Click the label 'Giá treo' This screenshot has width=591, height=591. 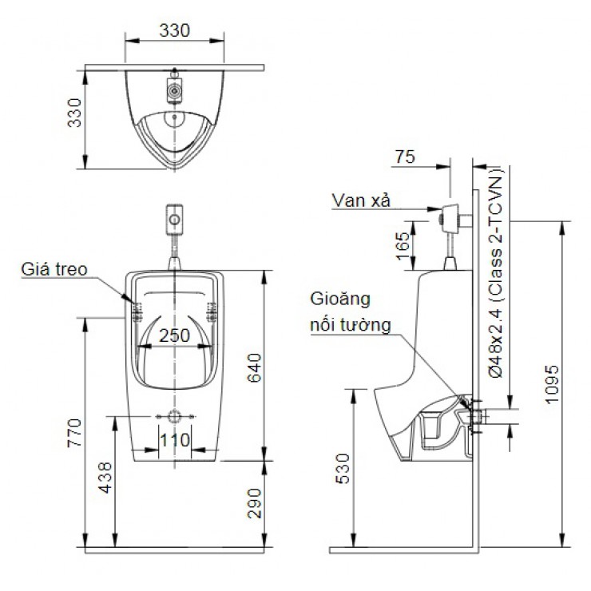point(54,269)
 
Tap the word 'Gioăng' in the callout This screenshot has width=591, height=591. point(340,301)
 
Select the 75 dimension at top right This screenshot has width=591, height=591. point(406,157)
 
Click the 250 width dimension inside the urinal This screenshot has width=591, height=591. point(174,335)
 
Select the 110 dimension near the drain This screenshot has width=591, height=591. point(174,438)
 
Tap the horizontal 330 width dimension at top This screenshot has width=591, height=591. point(174,30)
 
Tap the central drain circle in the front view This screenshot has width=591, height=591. point(173,417)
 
